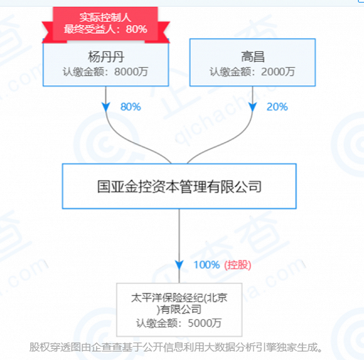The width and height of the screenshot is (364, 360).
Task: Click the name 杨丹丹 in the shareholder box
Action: tap(106, 57)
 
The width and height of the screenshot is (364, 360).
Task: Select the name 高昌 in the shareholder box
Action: tap(253, 57)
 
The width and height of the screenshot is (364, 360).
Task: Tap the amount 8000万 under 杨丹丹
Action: tap(131, 71)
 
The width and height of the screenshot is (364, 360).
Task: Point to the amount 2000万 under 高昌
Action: tap(278, 71)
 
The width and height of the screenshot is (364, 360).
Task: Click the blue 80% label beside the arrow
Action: tap(131, 107)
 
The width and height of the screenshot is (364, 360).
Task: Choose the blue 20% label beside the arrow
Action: tap(277, 107)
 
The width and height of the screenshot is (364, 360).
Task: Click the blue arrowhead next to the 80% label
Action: tap(106, 107)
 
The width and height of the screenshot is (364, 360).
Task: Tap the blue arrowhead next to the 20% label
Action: tap(252, 107)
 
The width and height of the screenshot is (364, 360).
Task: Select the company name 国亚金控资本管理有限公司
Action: tap(179, 186)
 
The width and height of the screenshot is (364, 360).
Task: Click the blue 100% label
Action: tap(206, 265)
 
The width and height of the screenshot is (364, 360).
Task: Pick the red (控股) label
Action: tap(237, 265)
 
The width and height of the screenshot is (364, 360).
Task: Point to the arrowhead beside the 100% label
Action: tap(179, 265)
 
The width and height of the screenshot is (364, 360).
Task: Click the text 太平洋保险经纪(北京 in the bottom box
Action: tap(179, 298)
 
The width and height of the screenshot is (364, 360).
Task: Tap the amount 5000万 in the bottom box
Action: tap(205, 323)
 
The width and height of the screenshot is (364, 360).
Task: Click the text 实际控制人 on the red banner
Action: tap(105, 18)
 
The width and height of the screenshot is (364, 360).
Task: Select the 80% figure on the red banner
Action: tap(137, 29)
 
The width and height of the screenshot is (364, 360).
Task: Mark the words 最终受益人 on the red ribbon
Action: tap(90, 29)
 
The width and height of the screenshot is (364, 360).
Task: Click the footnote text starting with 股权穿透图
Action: tap(176, 347)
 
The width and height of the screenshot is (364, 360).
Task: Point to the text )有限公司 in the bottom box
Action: tap(179, 309)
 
